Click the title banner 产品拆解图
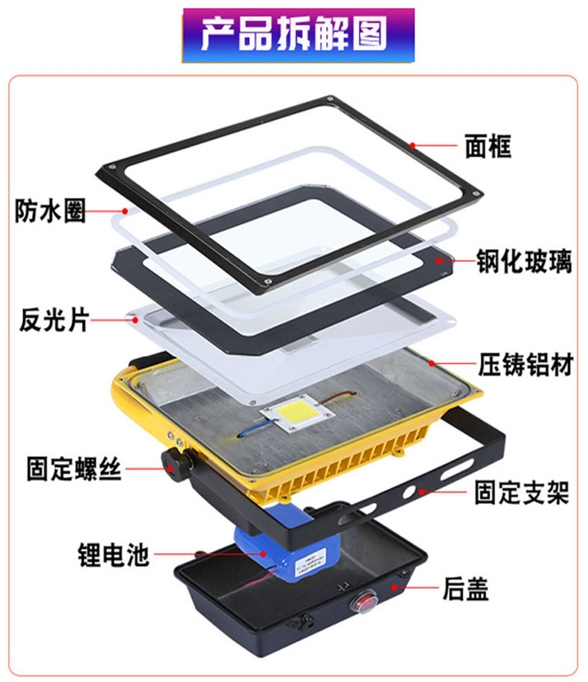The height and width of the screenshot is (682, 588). [298, 35]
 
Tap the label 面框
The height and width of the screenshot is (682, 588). [488, 146]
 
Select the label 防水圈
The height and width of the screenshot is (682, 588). [50, 211]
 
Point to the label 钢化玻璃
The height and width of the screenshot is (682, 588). [524, 261]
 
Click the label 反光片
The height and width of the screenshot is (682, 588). [54, 320]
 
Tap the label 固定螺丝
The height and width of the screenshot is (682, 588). [74, 468]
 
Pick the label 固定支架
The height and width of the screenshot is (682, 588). [522, 492]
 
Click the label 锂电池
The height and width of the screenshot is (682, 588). [114, 555]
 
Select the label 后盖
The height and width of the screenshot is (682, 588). [465, 588]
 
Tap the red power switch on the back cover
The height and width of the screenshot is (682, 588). [363, 604]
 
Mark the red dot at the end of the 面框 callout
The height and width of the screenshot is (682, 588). [412, 146]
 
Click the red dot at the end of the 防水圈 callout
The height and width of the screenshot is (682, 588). [125, 211]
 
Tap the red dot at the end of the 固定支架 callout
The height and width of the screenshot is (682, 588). [421, 492]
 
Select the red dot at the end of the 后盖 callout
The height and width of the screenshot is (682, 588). [394, 587]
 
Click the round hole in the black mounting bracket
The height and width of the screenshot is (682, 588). [409, 492]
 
